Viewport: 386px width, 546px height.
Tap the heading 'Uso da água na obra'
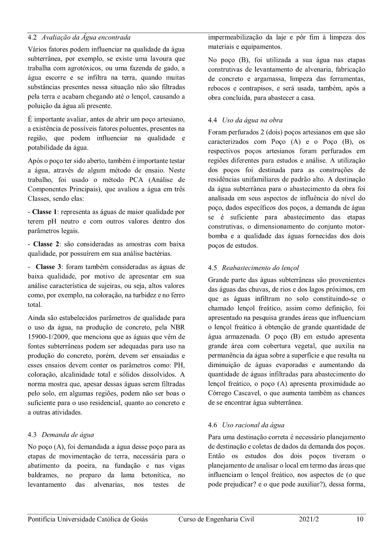pos(252,120)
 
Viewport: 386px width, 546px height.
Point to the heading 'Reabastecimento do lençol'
pos(260,268)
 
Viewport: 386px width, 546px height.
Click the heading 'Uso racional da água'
pos(253,425)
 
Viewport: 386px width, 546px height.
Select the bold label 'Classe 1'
pos(45,212)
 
